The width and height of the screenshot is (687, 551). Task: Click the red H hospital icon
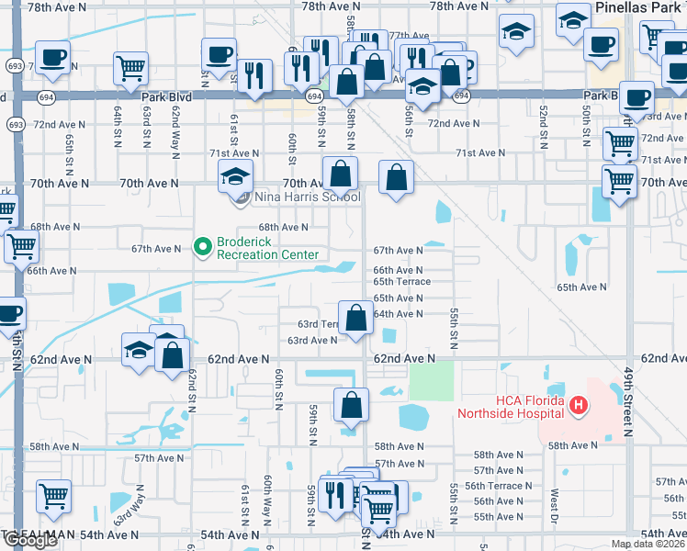[578, 404]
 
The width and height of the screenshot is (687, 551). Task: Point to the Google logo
[29, 541]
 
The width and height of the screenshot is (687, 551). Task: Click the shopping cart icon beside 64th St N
[130, 66]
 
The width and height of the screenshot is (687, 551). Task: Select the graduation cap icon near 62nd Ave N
[139, 349]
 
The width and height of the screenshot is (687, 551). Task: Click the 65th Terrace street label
[401, 282]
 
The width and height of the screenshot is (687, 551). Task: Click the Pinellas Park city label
[639, 6]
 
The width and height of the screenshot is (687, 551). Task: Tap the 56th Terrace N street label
[497, 486]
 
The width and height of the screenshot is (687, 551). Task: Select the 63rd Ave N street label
[312, 341]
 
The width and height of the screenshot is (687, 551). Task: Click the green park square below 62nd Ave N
[431, 380]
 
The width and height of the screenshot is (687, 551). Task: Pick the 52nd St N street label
[544, 123]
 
